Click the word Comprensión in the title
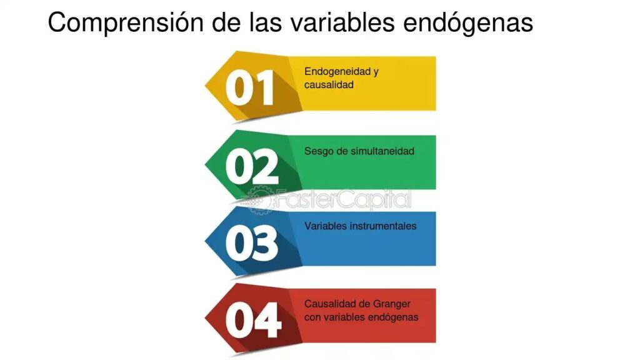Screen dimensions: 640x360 (x=126, y=23)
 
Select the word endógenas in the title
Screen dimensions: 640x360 (x=467, y=23)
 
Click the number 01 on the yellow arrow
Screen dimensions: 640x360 (x=249, y=87)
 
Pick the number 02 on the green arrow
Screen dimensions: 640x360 (x=252, y=166)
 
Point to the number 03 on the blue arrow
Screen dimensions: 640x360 (x=251, y=243)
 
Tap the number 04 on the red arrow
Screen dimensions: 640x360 (x=253, y=320)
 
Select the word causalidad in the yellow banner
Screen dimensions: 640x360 (x=329, y=84)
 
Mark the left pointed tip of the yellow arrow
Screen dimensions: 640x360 (x=205, y=85)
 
